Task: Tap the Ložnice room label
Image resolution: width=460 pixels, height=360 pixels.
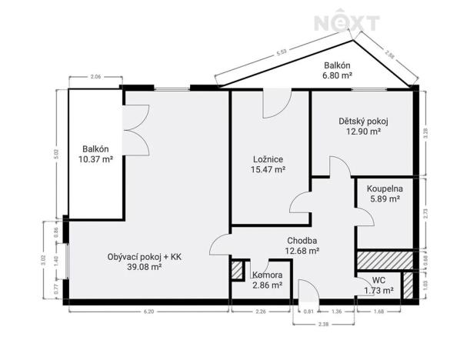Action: coord(269,159)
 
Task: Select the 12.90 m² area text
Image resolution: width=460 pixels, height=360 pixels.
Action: coord(363,132)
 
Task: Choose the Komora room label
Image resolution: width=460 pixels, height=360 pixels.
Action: coord(267,275)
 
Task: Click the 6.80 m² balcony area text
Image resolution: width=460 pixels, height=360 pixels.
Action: coord(338,76)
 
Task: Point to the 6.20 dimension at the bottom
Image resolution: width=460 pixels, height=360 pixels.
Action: coord(148,312)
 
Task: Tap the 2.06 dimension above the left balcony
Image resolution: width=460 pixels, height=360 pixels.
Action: coord(96,78)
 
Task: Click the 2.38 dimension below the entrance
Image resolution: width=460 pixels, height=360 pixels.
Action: coord(322,325)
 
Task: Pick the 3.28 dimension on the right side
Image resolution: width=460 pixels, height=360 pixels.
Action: coord(427,132)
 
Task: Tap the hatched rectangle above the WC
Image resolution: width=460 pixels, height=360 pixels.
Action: coord(385,260)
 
